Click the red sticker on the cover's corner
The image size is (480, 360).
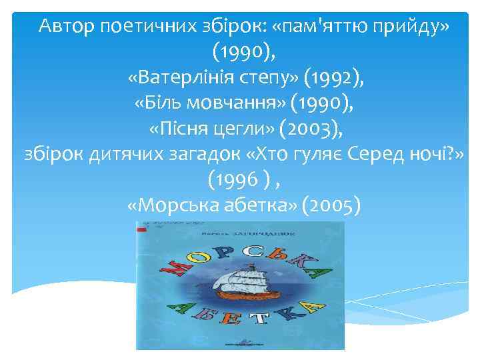tap(141, 231)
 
